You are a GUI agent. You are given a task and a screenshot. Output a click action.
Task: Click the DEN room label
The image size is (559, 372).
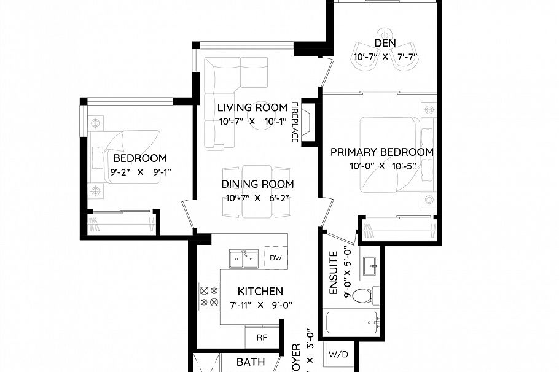(385, 43)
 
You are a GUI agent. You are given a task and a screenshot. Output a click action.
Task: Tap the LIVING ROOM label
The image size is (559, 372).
(252, 108)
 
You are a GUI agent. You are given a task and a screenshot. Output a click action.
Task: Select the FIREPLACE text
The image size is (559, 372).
(295, 122)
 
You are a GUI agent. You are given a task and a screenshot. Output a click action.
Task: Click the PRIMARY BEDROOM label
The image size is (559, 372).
(381, 152)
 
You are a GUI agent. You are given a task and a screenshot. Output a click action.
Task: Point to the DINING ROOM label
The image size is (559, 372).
(257, 184)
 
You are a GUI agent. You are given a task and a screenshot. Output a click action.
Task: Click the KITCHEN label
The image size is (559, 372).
(260, 291)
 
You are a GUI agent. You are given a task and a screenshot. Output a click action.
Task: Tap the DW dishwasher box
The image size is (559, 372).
(276, 258)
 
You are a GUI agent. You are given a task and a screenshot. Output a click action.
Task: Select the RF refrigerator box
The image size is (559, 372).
(260, 336)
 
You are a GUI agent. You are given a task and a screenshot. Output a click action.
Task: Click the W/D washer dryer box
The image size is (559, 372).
(336, 354)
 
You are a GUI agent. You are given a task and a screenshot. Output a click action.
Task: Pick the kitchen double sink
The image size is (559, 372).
(243, 259)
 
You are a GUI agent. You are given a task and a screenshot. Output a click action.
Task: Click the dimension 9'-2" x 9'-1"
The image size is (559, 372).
(140, 172)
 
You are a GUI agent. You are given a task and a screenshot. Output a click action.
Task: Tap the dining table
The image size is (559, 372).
(257, 192)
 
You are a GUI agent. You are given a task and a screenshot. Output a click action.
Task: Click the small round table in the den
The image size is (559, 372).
(385, 33)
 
